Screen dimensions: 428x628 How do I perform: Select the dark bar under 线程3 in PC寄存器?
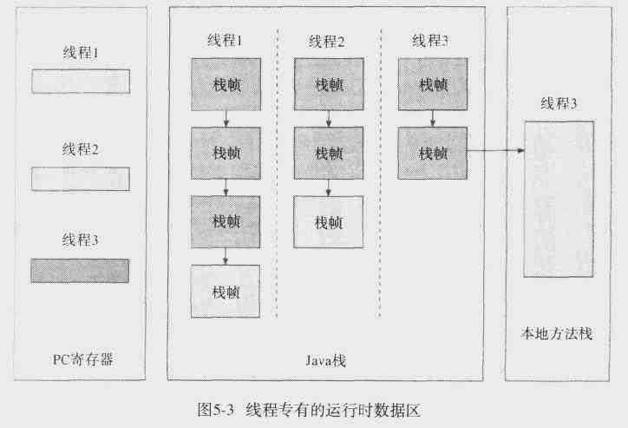pyautogui.click(x=80, y=270)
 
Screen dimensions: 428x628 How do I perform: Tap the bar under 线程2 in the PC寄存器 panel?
pyautogui.click(x=80, y=179)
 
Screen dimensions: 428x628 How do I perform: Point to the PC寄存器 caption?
pyautogui.click(x=81, y=357)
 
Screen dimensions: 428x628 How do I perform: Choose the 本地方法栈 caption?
pyautogui.click(x=556, y=333)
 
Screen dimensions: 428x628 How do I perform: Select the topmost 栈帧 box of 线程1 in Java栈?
pyautogui.click(x=226, y=84)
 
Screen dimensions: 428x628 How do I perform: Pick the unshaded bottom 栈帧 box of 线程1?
pyautogui.click(x=226, y=292)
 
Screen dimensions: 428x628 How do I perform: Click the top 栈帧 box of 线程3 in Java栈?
pyautogui.click(x=432, y=84)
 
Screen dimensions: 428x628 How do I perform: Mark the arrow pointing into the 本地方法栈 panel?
pyautogui.click(x=496, y=152)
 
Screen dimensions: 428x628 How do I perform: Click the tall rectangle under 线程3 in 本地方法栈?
pyautogui.click(x=559, y=199)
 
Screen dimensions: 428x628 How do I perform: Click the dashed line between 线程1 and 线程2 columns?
pyautogui.click(x=277, y=174)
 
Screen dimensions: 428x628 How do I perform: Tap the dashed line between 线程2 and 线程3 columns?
pyautogui.click(x=380, y=174)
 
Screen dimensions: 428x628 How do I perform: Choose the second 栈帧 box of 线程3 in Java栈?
pyautogui.click(x=432, y=153)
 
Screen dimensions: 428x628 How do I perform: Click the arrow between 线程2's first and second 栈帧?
pyautogui.click(x=328, y=119)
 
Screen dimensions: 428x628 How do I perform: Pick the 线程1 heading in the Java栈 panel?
pyautogui.click(x=225, y=42)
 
